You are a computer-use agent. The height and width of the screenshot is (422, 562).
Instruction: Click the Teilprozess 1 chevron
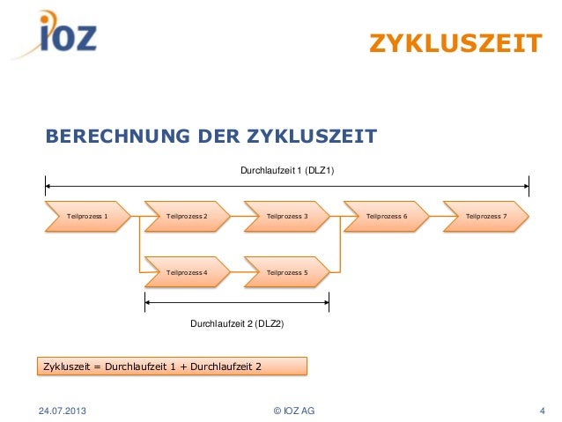(x=88, y=216)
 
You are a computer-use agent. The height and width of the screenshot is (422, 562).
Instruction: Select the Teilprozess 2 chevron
(x=187, y=216)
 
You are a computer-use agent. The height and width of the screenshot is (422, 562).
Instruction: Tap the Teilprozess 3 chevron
(x=287, y=216)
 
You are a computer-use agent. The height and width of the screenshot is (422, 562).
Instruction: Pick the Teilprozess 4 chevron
(x=187, y=272)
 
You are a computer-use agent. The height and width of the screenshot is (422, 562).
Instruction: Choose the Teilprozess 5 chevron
(x=287, y=272)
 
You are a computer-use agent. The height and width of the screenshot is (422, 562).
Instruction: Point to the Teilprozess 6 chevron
(x=387, y=216)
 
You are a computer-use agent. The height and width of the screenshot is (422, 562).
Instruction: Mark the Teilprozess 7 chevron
(x=486, y=216)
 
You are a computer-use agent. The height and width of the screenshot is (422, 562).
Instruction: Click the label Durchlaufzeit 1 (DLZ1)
(x=287, y=170)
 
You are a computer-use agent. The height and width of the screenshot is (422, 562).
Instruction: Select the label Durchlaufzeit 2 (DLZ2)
(x=237, y=323)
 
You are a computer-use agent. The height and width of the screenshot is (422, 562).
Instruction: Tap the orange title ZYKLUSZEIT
(x=455, y=43)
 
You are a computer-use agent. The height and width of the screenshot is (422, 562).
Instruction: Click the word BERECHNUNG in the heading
(x=118, y=137)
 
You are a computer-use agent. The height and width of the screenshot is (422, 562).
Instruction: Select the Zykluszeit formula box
(x=172, y=366)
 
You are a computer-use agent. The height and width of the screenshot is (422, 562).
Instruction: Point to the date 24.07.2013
(x=63, y=411)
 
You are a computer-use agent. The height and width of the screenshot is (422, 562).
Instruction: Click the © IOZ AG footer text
(x=294, y=411)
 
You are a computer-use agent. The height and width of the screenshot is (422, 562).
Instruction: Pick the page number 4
(x=543, y=411)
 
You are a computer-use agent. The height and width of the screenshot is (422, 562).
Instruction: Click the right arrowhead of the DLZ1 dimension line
(x=526, y=186)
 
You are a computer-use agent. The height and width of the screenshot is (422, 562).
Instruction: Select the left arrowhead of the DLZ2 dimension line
(x=148, y=302)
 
